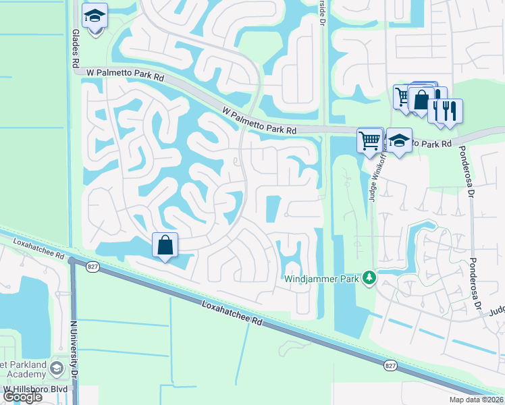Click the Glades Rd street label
pos(74,48)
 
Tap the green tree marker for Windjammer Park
pos(369,277)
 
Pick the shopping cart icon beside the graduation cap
pos(370,141)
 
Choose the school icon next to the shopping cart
pos(400,141)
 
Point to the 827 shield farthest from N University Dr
pos(390,365)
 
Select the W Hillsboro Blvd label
pos(36,389)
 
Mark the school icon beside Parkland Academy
pos(56,369)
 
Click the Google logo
pos(22,397)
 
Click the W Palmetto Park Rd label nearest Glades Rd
pos(120,74)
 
